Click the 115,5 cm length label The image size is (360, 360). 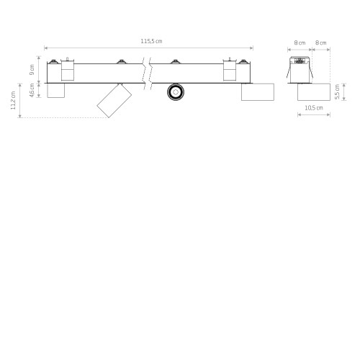[x=151, y=41]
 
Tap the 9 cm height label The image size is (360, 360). [x=32, y=70]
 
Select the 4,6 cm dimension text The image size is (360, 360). [x=32, y=90]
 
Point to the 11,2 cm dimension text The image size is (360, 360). [x=13, y=100]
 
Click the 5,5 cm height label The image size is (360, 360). [x=337, y=91]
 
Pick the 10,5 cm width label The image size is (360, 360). [x=314, y=108]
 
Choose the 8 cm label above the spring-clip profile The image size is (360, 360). [x=300, y=43]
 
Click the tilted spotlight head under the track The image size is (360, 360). [x=114, y=101]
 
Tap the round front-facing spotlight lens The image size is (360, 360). [x=176, y=92]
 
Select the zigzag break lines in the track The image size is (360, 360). [x=147, y=73]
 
